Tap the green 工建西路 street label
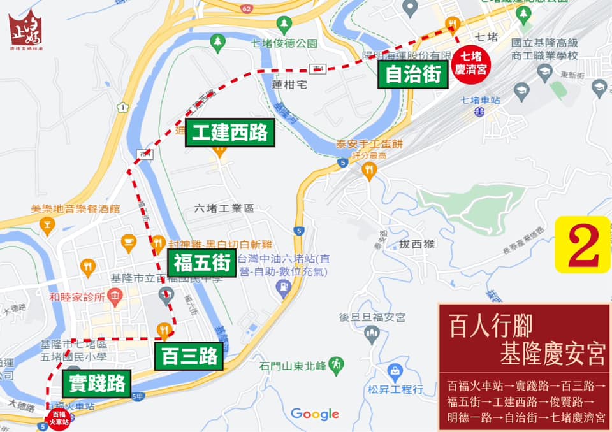coord(230,133)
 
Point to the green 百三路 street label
coord(189,356)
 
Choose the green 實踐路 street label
coord(96,384)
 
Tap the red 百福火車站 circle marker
coord(58,418)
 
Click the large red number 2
coord(583,245)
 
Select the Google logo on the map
coord(315,414)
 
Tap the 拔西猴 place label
coord(418,243)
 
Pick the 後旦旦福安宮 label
coord(372,317)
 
